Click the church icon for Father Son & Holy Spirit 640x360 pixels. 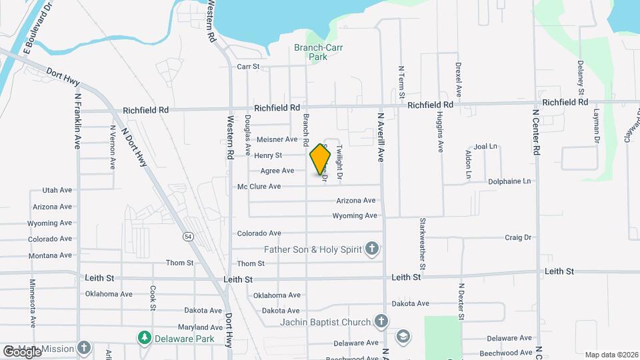[x=373, y=249]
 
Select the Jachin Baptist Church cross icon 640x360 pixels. [x=381, y=323]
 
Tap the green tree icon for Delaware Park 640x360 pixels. [x=143, y=337]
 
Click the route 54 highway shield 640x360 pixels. [x=189, y=236]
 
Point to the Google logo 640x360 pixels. [x=21, y=351]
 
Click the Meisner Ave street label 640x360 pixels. [x=277, y=139]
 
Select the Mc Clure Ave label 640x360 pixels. [x=259, y=187]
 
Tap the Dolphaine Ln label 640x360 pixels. [x=509, y=181]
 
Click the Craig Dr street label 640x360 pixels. [x=517, y=237]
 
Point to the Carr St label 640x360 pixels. [x=248, y=67]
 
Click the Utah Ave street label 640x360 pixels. [x=57, y=190]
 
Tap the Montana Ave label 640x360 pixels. [x=50, y=256]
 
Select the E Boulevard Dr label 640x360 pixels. [x=37, y=31]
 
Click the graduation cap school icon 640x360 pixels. [x=403, y=335]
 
